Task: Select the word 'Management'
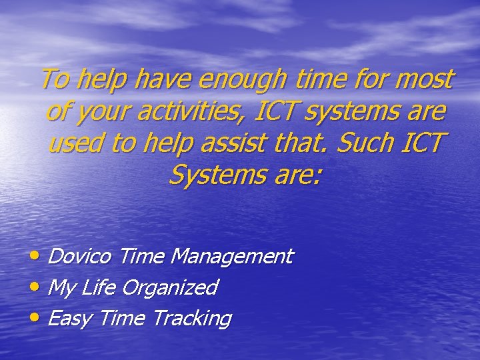click(231, 256)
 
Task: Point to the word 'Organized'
click(171, 287)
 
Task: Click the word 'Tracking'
click(191, 319)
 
